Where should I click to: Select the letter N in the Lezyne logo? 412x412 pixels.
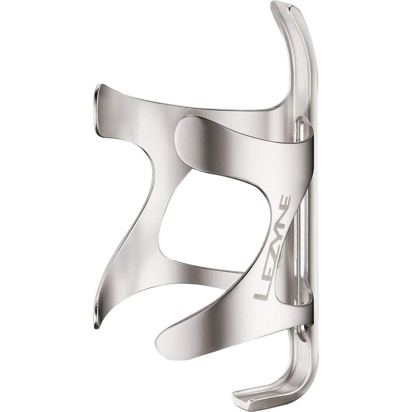click(283, 222)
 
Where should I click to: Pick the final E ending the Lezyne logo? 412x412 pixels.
click(285, 203)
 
